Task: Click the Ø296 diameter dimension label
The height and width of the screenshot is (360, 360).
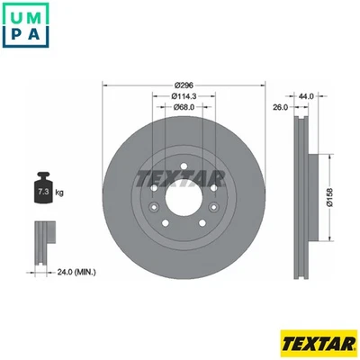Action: click(184, 85)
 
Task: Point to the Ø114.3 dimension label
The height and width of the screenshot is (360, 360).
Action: click(184, 96)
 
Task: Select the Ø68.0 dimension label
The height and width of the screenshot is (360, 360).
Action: click(184, 108)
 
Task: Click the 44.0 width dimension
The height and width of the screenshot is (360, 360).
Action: click(306, 95)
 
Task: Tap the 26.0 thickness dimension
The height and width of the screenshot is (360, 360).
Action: click(279, 107)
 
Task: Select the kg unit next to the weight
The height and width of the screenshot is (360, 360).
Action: click(58, 193)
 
